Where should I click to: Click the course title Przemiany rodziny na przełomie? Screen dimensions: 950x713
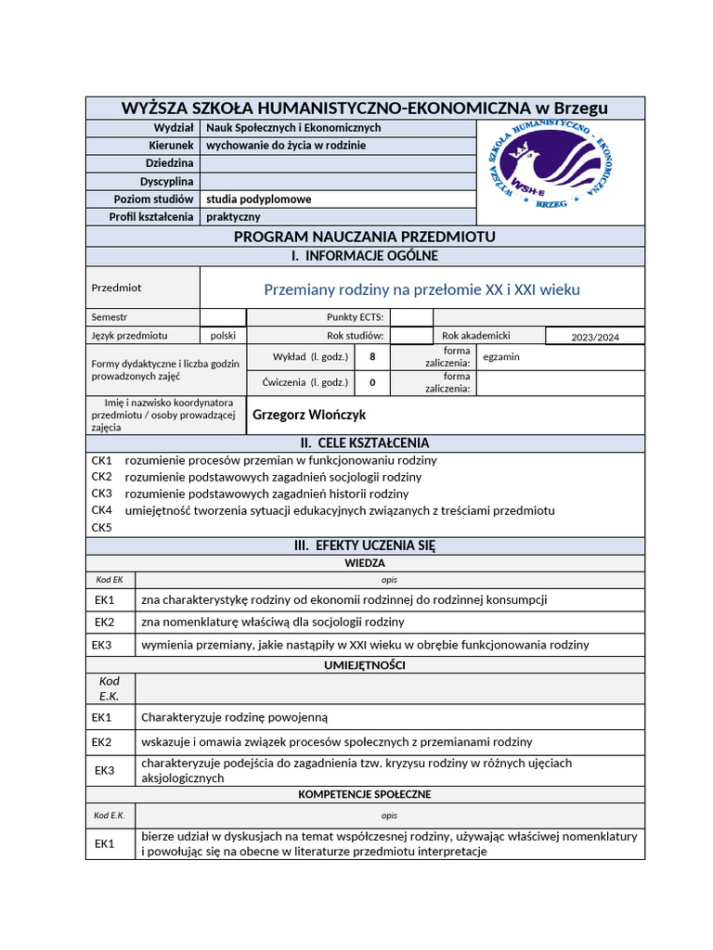(x=421, y=289)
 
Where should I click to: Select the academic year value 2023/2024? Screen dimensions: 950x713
(x=595, y=337)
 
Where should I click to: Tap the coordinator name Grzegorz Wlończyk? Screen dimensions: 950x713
(x=309, y=415)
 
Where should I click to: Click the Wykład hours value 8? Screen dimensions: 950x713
(x=372, y=357)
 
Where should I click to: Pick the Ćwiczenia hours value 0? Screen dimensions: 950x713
(x=372, y=382)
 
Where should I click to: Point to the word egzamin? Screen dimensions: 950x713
(x=502, y=356)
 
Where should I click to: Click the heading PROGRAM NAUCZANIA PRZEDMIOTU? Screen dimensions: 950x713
(x=365, y=237)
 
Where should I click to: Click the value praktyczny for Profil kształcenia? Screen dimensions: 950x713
(x=233, y=217)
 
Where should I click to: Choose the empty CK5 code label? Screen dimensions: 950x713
(x=101, y=528)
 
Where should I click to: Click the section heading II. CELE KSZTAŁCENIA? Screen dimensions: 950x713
(x=365, y=443)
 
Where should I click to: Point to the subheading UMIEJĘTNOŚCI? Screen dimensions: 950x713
(x=365, y=665)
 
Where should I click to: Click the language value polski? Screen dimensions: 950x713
(x=223, y=336)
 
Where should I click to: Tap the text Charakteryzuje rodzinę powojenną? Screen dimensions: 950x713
(x=234, y=717)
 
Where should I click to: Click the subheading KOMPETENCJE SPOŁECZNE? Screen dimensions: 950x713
(x=365, y=795)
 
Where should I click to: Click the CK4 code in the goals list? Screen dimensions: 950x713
(x=101, y=511)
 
